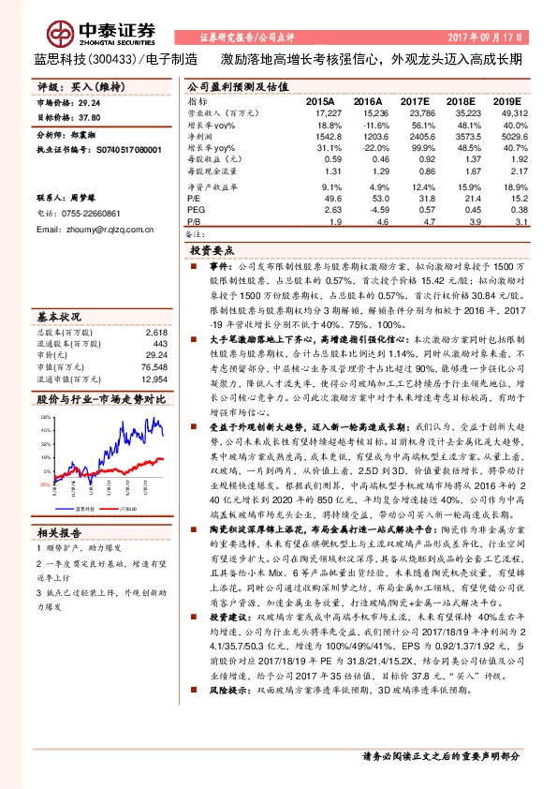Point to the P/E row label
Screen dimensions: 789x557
(193, 199)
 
